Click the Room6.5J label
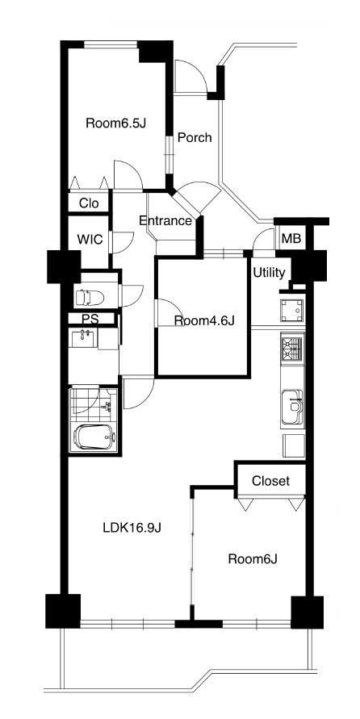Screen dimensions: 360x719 (115, 123)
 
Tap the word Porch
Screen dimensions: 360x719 (195, 137)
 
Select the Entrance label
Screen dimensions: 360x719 (165, 221)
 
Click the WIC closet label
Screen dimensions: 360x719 (90, 239)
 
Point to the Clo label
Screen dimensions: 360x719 (89, 203)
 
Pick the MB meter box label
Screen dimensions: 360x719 (291, 239)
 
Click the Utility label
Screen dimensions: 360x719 (269, 273)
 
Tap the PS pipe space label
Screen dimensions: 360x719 (90, 320)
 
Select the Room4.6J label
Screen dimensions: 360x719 (204, 321)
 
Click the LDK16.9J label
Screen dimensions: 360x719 (132, 528)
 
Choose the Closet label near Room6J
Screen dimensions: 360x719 (270, 481)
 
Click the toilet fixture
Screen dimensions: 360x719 (90, 298)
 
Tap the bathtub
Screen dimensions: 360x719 (95, 437)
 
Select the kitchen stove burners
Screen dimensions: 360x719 (292, 349)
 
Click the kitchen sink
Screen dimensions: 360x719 (292, 407)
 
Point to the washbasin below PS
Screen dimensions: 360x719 (83, 339)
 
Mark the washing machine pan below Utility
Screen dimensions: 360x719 (292, 311)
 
